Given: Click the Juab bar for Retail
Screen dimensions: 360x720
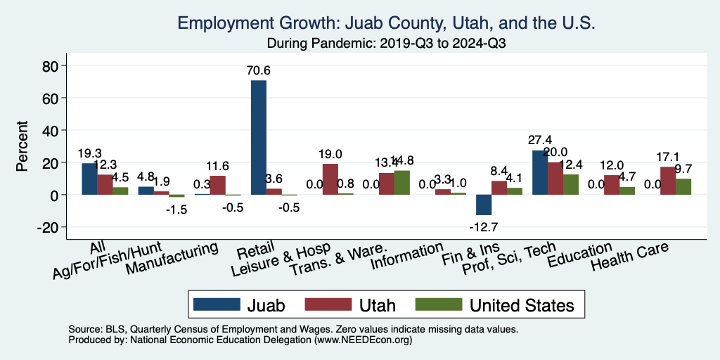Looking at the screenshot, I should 259,137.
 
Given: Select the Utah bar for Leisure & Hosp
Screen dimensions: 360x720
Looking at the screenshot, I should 330,179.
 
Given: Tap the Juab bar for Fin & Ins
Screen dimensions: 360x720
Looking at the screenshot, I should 484,205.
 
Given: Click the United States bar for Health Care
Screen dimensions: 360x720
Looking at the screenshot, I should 683,186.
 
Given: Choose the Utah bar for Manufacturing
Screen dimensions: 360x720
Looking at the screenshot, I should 218,185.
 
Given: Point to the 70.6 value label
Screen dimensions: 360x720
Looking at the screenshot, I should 259,70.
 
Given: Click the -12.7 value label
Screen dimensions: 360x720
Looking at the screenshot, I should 484,226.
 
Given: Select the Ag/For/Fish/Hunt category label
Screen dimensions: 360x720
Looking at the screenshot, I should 108,261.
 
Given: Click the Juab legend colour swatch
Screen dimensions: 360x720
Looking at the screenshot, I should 214,304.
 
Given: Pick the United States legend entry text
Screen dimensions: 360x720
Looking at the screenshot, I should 522,305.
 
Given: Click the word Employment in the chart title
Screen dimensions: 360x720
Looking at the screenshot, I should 221,22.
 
